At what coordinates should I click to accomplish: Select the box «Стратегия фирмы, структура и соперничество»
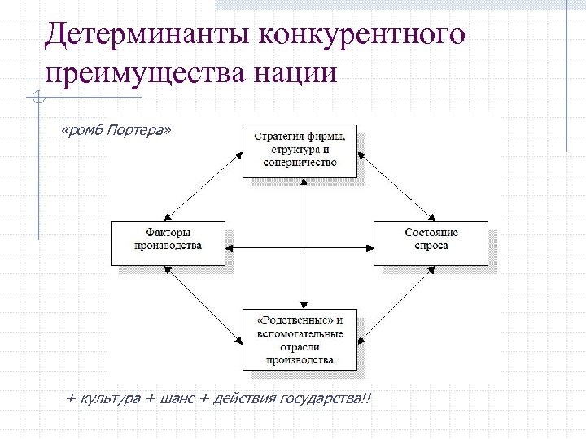(x=300, y=150)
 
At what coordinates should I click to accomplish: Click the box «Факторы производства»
(x=168, y=241)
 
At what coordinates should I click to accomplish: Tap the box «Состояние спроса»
(x=431, y=241)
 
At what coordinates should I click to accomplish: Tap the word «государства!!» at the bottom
(x=324, y=398)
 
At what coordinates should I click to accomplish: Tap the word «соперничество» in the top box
(x=300, y=162)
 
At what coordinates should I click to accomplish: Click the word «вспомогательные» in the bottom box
(x=300, y=333)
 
